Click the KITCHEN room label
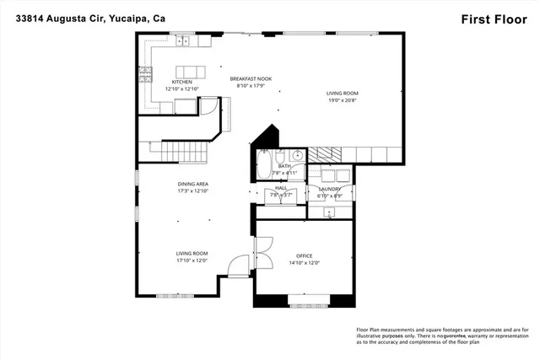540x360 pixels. (x=182, y=82)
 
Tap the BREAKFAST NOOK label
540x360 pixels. (x=251, y=79)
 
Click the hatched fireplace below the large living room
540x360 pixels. (x=325, y=153)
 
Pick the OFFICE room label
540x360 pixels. (x=304, y=255)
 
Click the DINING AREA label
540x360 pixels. (x=192, y=184)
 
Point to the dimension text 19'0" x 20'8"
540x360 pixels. (x=343, y=100)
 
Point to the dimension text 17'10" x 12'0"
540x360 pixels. (x=192, y=261)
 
